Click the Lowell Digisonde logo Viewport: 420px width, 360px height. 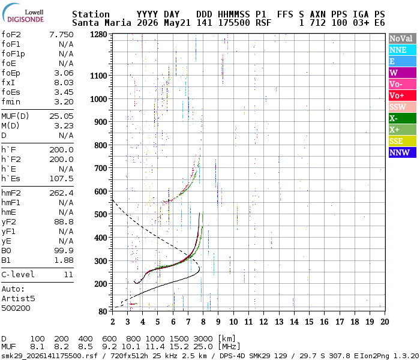click(23, 13)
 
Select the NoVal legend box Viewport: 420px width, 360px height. click(403, 38)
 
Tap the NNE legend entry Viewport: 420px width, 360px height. click(403, 50)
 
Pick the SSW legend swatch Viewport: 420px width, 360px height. click(403, 107)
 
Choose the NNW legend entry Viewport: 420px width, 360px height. click(403, 152)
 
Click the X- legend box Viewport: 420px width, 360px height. click(403, 118)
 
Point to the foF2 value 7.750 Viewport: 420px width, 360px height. click(61, 35)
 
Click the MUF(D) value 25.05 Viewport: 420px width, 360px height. click(61, 116)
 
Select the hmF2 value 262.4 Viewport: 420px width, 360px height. click(61, 193)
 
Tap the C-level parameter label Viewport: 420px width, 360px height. click(18, 274)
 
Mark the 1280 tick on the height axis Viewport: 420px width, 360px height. click(98, 35)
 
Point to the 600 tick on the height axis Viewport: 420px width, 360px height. click(101, 191)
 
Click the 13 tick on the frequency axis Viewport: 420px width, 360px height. click(279, 322)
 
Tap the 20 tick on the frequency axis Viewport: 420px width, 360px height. click(385, 322)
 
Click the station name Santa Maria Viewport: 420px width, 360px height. click(101, 23)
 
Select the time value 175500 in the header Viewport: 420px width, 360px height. click(234, 23)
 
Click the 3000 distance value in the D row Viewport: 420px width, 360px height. click(203, 338)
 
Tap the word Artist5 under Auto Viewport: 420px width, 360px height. click(18, 298)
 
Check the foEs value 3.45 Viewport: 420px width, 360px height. click(64, 92)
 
